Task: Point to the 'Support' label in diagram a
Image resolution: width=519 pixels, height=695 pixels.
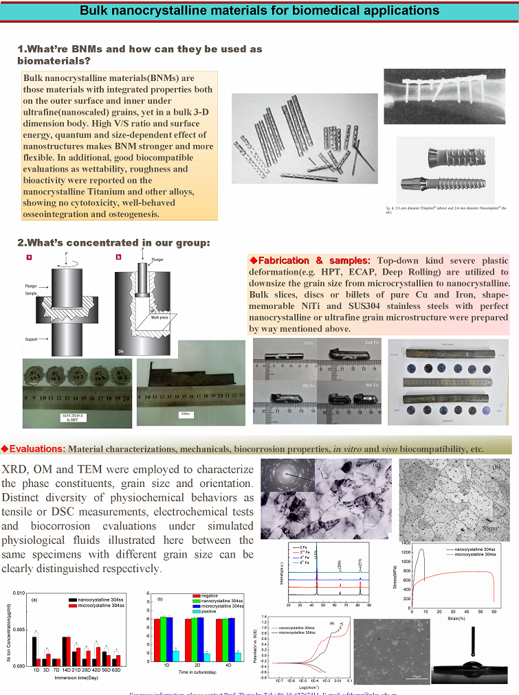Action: click(x=31, y=339)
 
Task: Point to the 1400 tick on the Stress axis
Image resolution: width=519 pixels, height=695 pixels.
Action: click(x=405, y=543)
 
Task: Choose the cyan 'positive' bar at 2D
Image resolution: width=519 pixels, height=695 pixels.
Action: click(x=206, y=657)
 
